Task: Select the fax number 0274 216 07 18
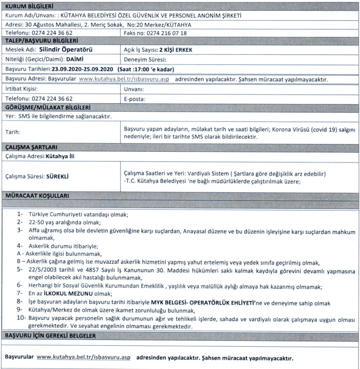tap(166, 32)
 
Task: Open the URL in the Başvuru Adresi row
tap(124, 79)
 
